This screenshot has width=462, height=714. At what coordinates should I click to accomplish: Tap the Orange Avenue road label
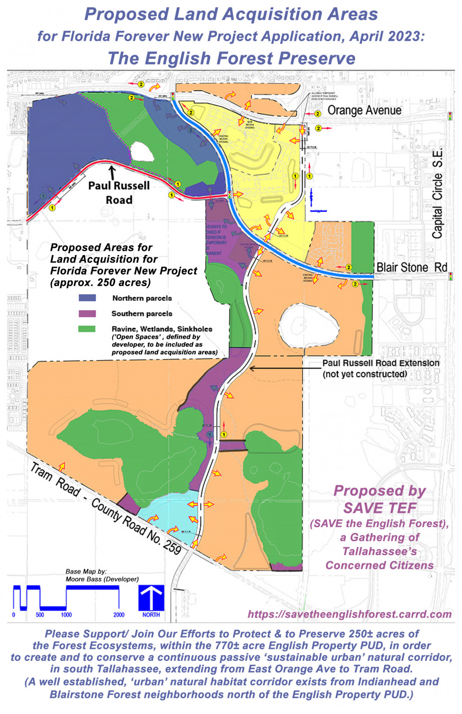coord(364,110)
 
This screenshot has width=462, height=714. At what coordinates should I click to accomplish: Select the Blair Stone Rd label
coord(411,267)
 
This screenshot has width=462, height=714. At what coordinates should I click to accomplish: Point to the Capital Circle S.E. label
coord(438,193)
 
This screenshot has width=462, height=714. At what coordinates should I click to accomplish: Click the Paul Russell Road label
coord(119,192)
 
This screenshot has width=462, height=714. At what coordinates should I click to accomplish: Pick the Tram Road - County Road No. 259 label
coord(105,509)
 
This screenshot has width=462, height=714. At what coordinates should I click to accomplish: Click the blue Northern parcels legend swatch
coord(87,298)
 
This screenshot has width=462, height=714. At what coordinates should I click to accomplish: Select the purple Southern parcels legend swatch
coord(87,313)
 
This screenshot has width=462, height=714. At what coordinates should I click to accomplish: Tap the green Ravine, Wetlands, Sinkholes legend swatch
coord(87,329)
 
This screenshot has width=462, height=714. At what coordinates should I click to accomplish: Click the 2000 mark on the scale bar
coord(119,615)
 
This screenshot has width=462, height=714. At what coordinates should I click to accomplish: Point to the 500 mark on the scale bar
coord(40,615)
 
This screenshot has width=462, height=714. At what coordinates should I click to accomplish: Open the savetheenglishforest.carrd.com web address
coord(350,614)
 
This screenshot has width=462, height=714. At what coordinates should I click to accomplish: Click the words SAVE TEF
coord(380,508)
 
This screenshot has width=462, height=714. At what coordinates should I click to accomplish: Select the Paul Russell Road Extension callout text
coord(380,368)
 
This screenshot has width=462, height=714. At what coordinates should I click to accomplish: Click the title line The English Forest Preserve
coord(231,58)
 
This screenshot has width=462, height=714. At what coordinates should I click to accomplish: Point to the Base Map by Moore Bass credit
coord(102,575)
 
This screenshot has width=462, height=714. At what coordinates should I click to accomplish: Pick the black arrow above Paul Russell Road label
coord(111,172)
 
